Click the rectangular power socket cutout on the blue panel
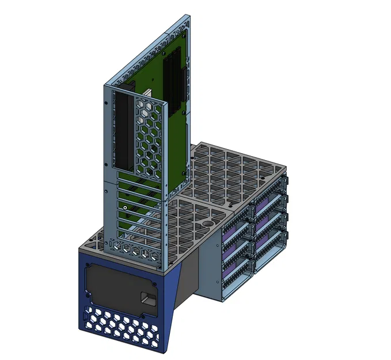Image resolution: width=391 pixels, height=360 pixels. click(148, 300)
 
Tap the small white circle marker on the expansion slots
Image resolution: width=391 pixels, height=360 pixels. click(125, 207)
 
